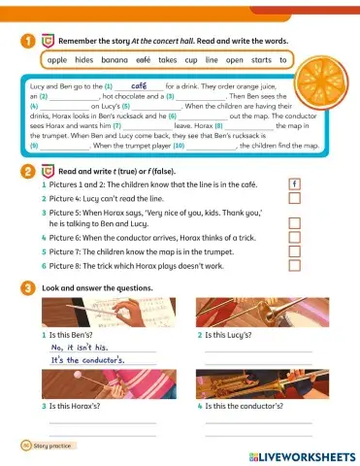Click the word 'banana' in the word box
115,59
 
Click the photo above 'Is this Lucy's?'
255,315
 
